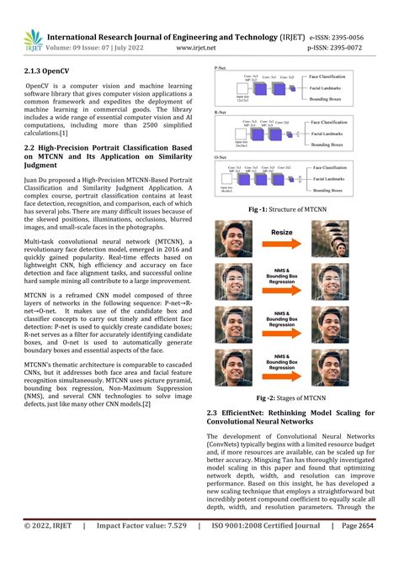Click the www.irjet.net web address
tap(201, 49)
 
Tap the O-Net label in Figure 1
tap(221, 156)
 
